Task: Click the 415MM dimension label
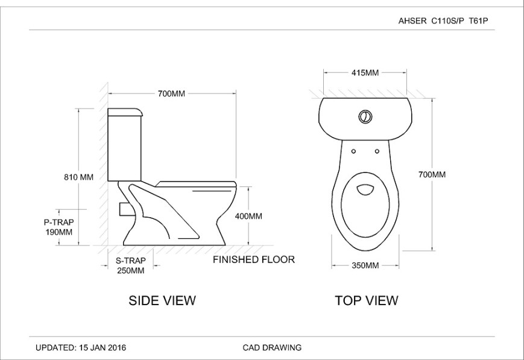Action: tap(365, 73)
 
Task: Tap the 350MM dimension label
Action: tap(365, 265)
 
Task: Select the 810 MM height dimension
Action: tap(78, 177)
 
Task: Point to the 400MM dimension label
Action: tap(247, 216)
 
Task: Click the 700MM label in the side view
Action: tap(171, 93)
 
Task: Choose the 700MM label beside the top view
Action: tap(432, 175)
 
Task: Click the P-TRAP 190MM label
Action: tap(59, 227)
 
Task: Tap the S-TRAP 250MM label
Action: tap(130, 266)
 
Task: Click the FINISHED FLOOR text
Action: tap(254, 260)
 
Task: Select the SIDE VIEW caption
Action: tap(162, 300)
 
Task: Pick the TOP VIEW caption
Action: tap(366, 300)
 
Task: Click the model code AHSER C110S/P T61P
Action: tap(443, 21)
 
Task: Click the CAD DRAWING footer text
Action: tap(272, 347)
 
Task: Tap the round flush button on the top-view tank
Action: tap(365, 116)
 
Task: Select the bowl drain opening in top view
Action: tap(365, 190)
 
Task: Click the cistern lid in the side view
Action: tap(125, 112)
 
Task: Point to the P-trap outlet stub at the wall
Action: tap(125, 209)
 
